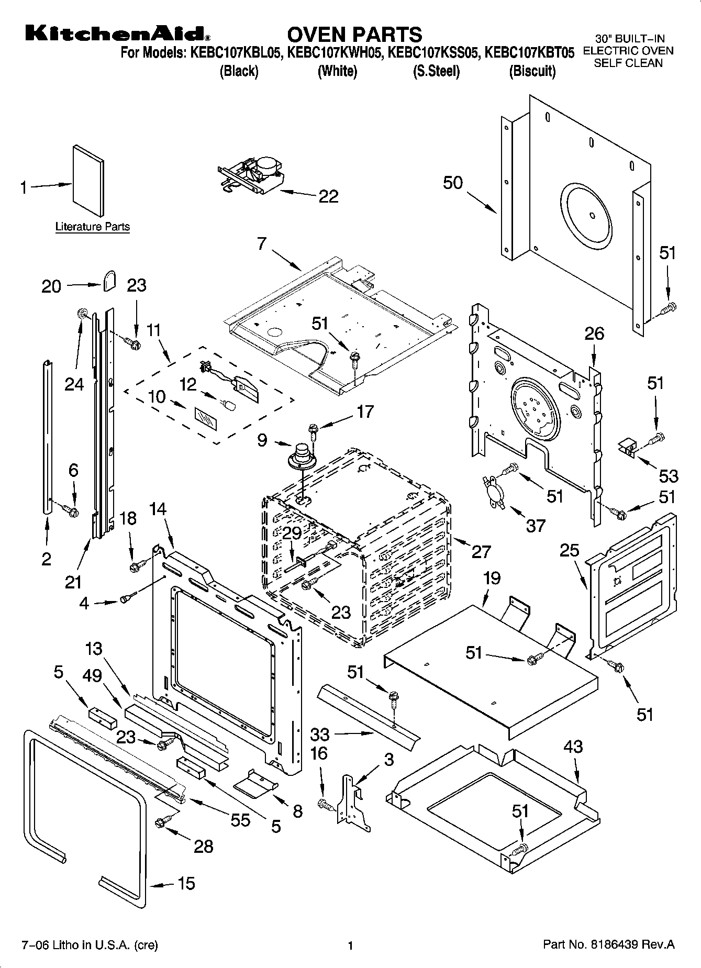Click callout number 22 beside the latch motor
coord(328,197)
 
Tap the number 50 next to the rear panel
coord(453,183)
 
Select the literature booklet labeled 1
coord(88,181)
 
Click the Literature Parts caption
coord(93,227)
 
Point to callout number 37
coord(536,525)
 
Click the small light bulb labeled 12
coord(228,405)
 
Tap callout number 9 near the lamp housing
coord(263,440)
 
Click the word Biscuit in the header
coord(532,71)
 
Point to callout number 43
coord(573,746)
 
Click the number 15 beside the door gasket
coord(186,883)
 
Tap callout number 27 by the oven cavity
coord(481,551)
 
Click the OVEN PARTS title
coord(354,34)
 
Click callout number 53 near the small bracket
coord(669,475)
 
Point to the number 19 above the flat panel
coord(491,578)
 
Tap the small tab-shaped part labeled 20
coord(109,280)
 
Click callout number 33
coord(320,733)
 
